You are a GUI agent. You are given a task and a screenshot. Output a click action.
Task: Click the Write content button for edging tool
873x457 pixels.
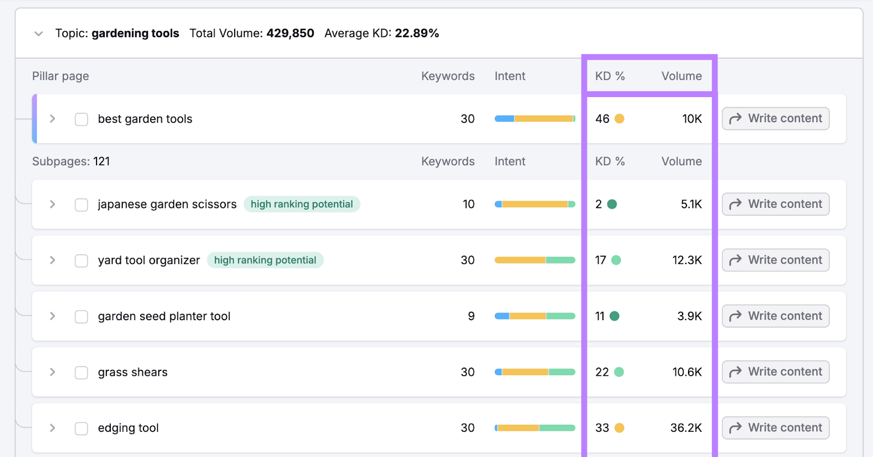[775, 428]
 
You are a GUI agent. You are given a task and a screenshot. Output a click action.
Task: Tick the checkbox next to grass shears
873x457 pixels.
[81, 372]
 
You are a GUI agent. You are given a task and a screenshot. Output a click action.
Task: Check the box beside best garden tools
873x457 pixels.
[81, 119]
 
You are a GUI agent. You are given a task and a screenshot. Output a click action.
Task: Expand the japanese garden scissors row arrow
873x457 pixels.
[52, 204]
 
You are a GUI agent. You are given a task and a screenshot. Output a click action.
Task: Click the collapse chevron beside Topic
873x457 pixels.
[38, 34]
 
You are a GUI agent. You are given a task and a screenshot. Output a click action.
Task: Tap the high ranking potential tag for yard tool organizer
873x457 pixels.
[265, 260]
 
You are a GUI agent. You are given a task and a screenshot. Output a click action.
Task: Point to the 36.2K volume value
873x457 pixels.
[686, 428]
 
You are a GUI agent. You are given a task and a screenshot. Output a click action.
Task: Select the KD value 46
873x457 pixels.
[602, 119]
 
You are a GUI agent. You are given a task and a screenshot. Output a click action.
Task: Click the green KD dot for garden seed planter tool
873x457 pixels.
[614, 316]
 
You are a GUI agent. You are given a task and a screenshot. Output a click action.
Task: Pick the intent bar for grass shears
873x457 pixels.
[535, 372]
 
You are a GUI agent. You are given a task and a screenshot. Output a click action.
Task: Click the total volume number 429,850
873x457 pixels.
[290, 33]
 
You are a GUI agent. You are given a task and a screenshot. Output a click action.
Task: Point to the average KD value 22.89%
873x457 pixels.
[417, 33]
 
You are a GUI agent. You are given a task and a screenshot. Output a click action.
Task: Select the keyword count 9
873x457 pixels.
[471, 316]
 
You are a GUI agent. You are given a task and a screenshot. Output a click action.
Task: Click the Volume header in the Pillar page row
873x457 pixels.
[681, 76]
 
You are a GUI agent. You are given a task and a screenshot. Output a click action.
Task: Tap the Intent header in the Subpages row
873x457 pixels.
[510, 161]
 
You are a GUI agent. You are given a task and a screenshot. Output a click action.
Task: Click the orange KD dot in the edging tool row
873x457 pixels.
[619, 428]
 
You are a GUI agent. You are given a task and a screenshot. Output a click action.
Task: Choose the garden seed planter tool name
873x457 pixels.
[164, 316]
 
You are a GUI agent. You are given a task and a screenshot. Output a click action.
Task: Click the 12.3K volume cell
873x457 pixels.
[687, 260]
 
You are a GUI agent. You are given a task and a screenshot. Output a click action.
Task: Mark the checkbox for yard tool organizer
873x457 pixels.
[81, 261]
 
